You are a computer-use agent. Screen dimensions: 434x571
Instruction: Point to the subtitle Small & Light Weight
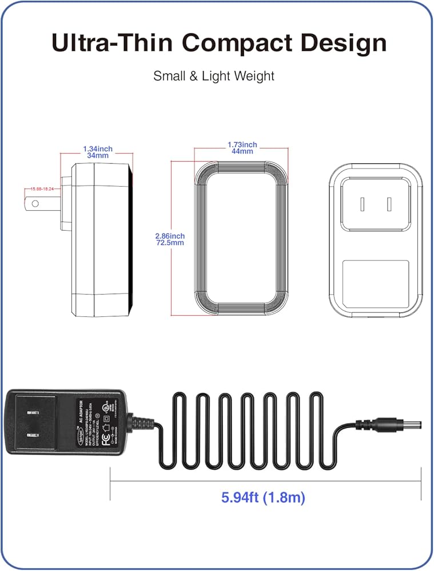tap(214, 76)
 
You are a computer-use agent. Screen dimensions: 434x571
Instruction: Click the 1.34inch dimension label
tap(98, 148)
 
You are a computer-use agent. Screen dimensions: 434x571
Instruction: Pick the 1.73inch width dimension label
tap(242, 145)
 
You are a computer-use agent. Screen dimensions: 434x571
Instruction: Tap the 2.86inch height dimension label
tap(169, 236)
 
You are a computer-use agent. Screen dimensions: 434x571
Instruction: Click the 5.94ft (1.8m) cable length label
tap(263, 497)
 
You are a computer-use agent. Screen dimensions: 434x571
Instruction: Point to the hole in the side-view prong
tap(35, 203)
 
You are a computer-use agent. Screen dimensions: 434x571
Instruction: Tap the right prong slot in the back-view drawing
tap(389, 204)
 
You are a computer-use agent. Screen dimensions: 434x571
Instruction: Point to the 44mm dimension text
tap(242, 151)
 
